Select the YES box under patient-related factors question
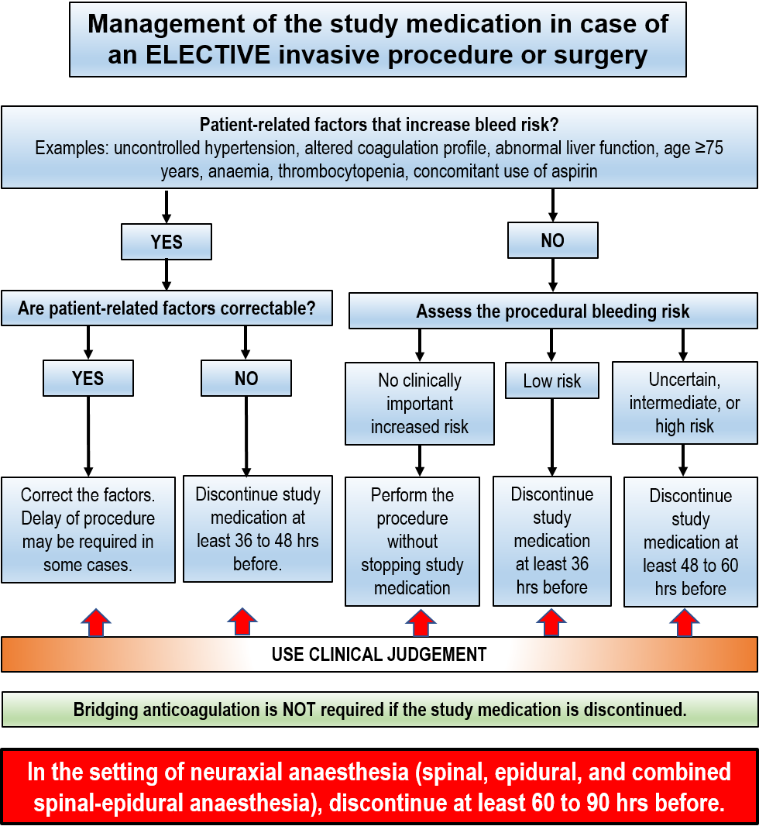(167, 242)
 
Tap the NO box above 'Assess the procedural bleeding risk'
(552, 240)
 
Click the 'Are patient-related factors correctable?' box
(167, 308)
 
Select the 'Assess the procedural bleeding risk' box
(553, 312)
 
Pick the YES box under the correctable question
(88, 378)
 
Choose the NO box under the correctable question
(246, 378)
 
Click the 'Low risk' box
(552, 381)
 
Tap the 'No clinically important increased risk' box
(419, 404)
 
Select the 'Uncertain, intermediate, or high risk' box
(685, 403)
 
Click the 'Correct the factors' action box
(88, 530)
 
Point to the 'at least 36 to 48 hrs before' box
(257, 529)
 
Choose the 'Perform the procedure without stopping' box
(412, 541)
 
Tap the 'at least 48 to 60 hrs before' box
(690, 542)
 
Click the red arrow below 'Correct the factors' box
(95, 622)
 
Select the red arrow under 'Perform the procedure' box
(421, 623)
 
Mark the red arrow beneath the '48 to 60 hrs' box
(685, 623)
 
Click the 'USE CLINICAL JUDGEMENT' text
(379, 655)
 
